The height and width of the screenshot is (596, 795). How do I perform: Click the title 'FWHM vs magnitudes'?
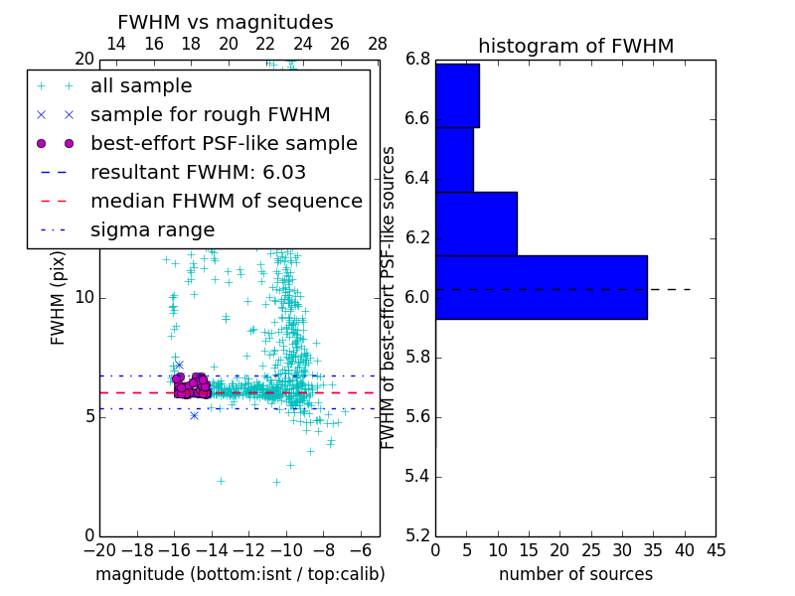pos(225,23)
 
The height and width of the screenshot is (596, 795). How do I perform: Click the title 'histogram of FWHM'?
pos(575,46)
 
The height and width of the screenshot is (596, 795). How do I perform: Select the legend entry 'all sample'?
pos(141,86)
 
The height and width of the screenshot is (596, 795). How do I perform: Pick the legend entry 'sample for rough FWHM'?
pos(210,115)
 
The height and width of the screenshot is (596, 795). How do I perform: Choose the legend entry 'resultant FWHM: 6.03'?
pos(198,173)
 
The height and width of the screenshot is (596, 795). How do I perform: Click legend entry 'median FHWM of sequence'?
pos(226,202)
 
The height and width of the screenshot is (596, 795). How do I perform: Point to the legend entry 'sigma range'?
pos(152,230)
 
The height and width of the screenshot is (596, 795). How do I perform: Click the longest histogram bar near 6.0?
pos(541,287)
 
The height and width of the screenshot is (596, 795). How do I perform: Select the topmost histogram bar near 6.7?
pos(457,95)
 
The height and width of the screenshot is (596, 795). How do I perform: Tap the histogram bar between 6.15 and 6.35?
pos(476,223)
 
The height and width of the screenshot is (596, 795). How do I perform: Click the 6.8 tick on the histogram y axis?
pos(417,60)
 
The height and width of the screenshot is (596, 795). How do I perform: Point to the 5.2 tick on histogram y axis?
pos(417,535)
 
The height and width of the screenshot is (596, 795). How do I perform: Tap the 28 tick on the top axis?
pos(378,44)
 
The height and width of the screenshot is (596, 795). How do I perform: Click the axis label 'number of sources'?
pos(575,574)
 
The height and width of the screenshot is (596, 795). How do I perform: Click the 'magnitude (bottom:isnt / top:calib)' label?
pos(239,574)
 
